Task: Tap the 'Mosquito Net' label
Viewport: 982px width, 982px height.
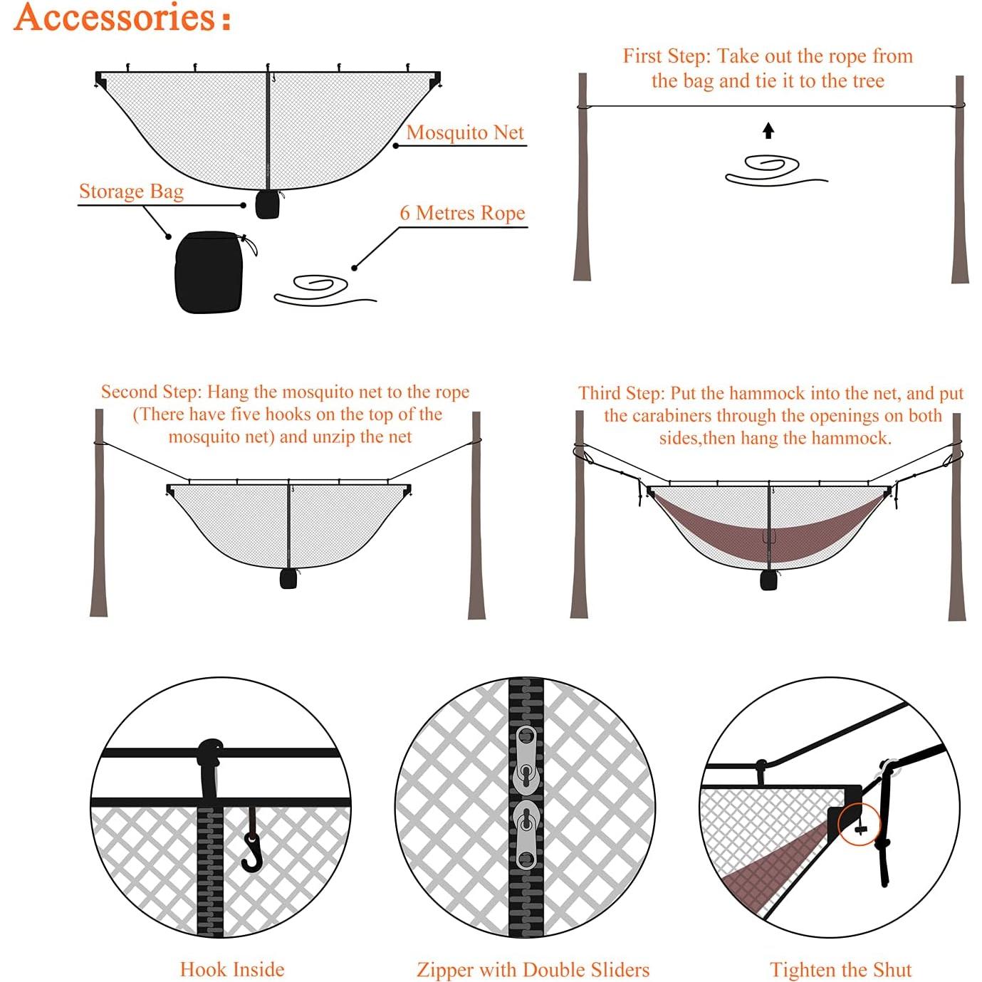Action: pyautogui.click(x=464, y=132)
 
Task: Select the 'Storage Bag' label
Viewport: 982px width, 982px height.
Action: pyautogui.click(x=131, y=192)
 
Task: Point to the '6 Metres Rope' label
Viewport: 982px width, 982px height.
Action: pyautogui.click(x=462, y=213)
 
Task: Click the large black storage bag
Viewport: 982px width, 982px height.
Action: pyautogui.click(x=209, y=273)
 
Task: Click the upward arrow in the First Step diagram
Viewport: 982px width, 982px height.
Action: pyautogui.click(x=768, y=130)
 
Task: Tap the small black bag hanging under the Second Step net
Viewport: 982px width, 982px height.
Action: pyautogui.click(x=288, y=578)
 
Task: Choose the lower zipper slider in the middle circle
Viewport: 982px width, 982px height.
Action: pyautogui.click(x=526, y=834)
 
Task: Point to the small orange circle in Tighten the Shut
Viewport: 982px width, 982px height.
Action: pyautogui.click(x=860, y=825)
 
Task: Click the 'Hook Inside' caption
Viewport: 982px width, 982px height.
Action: pyautogui.click(x=231, y=969)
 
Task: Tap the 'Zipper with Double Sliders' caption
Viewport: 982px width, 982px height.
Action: pyautogui.click(x=533, y=969)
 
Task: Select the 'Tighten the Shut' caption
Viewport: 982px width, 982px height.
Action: pyautogui.click(x=840, y=970)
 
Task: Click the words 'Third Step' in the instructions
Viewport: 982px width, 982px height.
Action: pyautogui.click(x=621, y=394)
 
